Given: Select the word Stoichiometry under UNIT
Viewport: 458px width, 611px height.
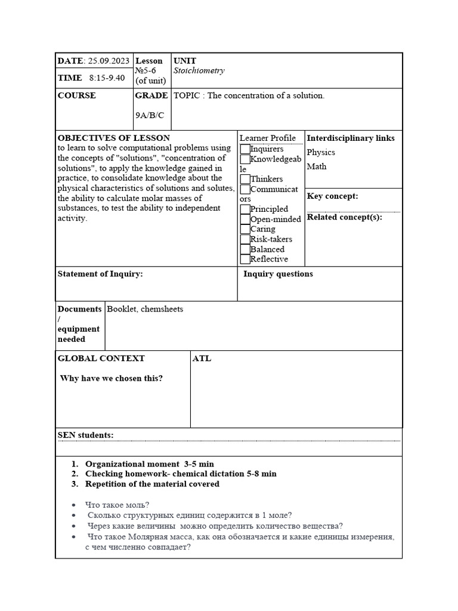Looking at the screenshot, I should pyautogui.click(x=199, y=71).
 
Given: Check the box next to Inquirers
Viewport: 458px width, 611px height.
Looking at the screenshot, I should pyautogui.click(x=245, y=149).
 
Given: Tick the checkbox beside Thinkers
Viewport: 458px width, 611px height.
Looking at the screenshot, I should pyautogui.click(x=245, y=179).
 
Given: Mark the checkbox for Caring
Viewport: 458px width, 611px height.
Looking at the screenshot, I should pyautogui.click(x=245, y=229).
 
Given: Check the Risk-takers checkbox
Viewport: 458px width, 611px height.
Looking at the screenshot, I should pyautogui.click(x=245, y=239).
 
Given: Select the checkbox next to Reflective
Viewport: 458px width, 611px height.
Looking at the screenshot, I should pyautogui.click(x=245, y=260).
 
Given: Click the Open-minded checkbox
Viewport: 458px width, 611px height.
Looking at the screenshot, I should pyautogui.click(x=245, y=219).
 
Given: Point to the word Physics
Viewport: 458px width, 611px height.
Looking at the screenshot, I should pyautogui.click(x=321, y=153).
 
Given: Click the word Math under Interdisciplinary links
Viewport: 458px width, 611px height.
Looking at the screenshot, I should pyautogui.click(x=317, y=166).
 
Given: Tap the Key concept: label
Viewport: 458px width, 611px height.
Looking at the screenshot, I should pyautogui.click(x=332, y=196).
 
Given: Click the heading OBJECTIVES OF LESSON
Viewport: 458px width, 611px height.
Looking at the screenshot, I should pyautogui.click(x=113, y=138).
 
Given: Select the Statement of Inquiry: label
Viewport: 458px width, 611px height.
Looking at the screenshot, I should pyautogui.click(x=100, y=274).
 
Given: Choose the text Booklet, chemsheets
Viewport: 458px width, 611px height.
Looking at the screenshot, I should pyautogui.click(x=145, y=309).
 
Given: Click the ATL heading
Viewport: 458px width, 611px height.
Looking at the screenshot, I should pyautogui.click(x=202, y=359).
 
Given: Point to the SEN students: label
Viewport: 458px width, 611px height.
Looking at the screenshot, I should pyautogui.click(x=85, y=435).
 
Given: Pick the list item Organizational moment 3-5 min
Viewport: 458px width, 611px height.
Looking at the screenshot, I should pyautogui.click(x=149, y=464).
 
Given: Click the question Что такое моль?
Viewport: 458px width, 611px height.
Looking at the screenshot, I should pyautogui.click(x=118, y=504).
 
